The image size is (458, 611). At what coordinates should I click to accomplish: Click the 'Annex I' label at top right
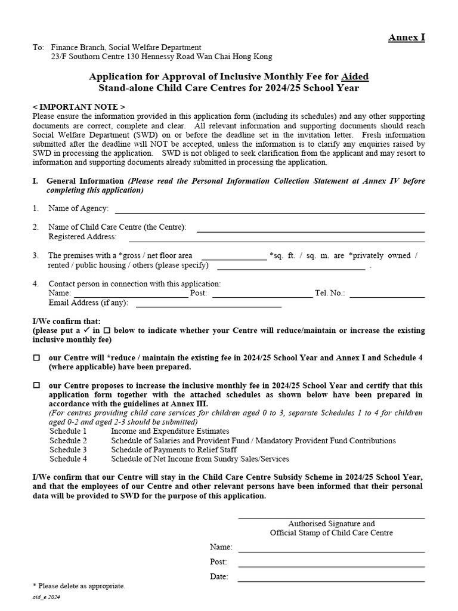coord(407,38)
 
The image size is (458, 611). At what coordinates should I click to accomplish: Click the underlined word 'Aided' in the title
coord(355,76)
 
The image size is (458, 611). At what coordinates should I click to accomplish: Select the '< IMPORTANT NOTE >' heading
coord(79,106)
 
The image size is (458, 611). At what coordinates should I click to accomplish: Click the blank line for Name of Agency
coord(270,212)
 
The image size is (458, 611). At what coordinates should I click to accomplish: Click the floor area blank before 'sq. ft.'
coord(234,259)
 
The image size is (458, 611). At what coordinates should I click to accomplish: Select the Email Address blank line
coord(209,306)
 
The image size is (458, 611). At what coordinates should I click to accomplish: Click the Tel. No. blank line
coord(387,296)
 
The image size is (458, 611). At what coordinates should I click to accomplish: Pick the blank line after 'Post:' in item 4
coord(262,296)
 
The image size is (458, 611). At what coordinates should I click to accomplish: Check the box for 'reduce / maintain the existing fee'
coord(36,358)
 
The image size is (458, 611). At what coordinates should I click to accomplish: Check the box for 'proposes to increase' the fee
coord(36,386)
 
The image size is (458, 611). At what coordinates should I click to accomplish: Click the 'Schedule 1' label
coord(68,431)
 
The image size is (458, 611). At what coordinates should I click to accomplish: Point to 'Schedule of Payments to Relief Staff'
coord(174,450)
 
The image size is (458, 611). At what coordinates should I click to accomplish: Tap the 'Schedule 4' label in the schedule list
coord(68,459)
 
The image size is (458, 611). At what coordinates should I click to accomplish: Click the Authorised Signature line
coord(332,517)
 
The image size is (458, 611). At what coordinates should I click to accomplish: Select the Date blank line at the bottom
coord(332,580)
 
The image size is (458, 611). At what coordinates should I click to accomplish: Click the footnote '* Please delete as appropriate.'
coord(79,587)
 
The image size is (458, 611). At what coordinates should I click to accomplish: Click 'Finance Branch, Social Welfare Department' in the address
coord(126,48)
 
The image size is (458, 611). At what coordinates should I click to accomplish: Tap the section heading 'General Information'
coord(86,181)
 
